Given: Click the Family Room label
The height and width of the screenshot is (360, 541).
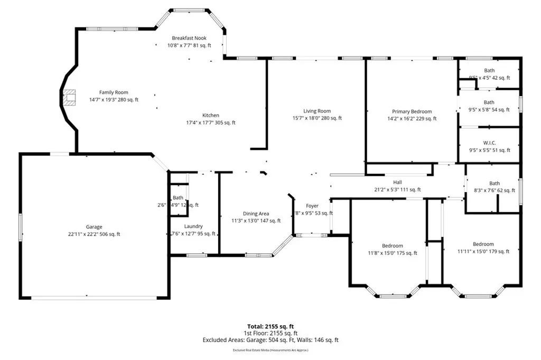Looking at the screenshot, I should pos(114,93).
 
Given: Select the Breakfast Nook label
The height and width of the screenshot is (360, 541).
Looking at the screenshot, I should pos(189,38).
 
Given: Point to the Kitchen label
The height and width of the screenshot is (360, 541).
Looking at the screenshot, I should pos(210,116).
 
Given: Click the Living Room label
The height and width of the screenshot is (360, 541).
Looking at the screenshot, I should pos(317,111).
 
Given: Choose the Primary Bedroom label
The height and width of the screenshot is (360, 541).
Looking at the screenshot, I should pos(412,112).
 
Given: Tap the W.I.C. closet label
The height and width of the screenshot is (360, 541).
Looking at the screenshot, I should pos(489,143).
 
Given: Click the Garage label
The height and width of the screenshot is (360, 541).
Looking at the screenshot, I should pos(94,227).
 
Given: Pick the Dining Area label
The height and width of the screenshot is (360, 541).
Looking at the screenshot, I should pos(256,214).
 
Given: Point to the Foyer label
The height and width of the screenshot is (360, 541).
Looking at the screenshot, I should pos(312,206).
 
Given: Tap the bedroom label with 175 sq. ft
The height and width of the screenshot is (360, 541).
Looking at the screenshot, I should pos(393,246).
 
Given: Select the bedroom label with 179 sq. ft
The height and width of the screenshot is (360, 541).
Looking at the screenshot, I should pos(483,244).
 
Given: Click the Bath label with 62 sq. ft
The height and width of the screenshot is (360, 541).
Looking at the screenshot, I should pos(494,184).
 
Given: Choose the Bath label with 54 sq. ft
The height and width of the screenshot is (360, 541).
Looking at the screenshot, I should pos(489,102).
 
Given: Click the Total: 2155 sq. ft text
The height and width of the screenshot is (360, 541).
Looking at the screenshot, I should pos(270,326).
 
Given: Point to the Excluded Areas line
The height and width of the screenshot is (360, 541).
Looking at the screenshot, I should pos(270,340).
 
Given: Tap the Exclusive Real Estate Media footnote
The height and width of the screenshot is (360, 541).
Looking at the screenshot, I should pos(270,350).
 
